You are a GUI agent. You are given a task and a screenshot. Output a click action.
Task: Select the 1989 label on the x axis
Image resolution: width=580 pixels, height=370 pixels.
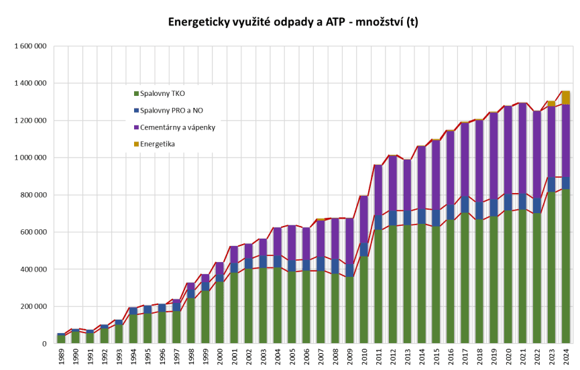point(62,356)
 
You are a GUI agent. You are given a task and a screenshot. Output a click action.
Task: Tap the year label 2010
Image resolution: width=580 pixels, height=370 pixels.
point(363,356)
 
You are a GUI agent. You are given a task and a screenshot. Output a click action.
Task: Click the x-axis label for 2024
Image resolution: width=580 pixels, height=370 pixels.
point(565,356)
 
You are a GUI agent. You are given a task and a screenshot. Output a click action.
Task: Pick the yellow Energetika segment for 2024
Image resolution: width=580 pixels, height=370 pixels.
point(565,97)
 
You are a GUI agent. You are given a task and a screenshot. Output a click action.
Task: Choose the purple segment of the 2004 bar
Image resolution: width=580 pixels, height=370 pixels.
point(278,241)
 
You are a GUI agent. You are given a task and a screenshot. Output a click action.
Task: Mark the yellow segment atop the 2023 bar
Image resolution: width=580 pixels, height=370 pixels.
point(550,103)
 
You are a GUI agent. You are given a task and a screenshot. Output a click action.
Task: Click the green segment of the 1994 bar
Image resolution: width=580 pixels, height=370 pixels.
point(133,329)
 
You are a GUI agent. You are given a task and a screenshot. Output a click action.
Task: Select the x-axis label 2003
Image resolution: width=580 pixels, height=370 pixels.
point(263,356)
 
